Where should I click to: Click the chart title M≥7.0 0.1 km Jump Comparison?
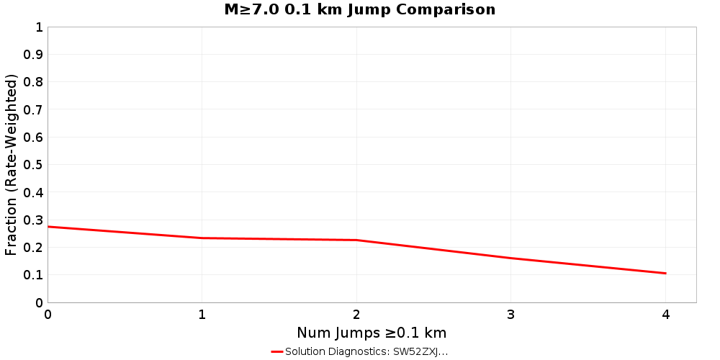point(360,10)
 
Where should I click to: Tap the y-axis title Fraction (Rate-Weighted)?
point(12,164)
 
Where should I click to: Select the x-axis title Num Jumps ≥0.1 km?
point(372,333)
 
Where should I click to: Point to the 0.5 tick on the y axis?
point(34,165)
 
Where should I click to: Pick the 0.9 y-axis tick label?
point(34,55)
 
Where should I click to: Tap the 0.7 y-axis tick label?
point(34,110)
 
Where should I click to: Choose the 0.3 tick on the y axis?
point(34,220)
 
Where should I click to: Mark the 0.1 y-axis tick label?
point(34,275)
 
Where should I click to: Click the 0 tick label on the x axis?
point(48,315)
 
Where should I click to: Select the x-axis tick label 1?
point(202,315)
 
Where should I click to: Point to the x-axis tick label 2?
point(356,315)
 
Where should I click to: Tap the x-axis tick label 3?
point(511,315)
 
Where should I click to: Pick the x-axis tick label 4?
point(665,315)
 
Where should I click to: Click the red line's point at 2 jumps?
point(356,240)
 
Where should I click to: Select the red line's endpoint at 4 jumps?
point(665,274)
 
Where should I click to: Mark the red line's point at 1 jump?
point(202,238)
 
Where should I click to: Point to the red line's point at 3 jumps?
point(511,258)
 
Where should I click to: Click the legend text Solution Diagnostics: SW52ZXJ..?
point(366,352)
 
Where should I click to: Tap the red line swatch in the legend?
point(277,352)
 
